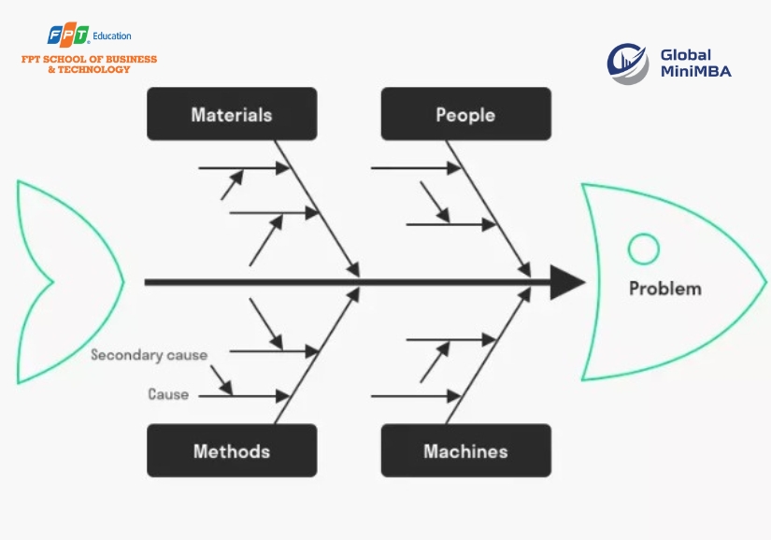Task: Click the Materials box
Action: (x=232, y=114)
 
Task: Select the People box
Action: (x=465, y=114)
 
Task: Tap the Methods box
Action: (x=232, y=450)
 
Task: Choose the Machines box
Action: (x=465, y=450)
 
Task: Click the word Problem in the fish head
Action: (x=664, y=288)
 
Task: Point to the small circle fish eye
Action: (x=643, y=249)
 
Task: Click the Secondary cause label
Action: (x=150, y=355)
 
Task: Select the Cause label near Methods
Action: (x=168, y=394)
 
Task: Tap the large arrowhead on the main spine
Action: (x=566, y=281)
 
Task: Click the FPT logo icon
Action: (x=68, y=36)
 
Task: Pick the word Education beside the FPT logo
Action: (x=113, y=36)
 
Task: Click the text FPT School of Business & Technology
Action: (x=90, y=64)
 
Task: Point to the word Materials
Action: (x=232, y=114)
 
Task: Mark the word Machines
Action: (x=465, y=450)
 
